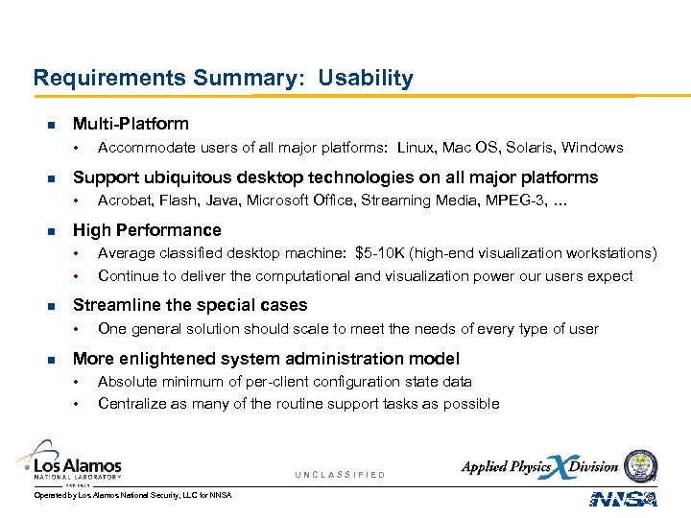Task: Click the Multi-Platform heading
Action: pos(131,124)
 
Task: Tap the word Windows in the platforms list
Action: pos(592,148)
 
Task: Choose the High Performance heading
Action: pos(147,230)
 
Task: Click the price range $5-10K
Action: pos(380,253)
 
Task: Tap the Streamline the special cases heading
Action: pos(190,305)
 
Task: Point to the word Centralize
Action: pos(131,404)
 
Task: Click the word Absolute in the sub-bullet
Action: pos(127,382)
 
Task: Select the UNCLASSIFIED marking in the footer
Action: pos(340,475)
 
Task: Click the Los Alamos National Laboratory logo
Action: pos(72,460)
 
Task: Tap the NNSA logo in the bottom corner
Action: pos(623,498)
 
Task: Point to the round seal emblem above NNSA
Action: pos(640,466)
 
